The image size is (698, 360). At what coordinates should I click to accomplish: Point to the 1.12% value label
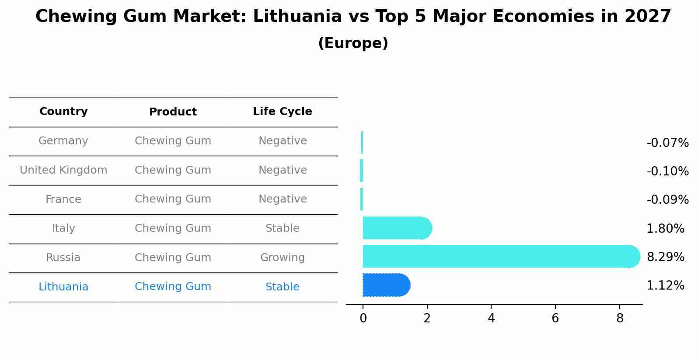(x=665, y=286)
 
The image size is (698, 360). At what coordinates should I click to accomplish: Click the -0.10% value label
(x=667, y=171)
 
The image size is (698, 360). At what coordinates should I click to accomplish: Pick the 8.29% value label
(x=665, y=257)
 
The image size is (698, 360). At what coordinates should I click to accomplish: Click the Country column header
(x=63, y=112)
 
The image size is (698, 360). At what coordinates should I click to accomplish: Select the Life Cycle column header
(x=282, y=112)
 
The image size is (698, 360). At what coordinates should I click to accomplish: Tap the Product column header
(x=173, y=112)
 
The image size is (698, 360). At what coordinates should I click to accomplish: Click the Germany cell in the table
(x=63, y=141)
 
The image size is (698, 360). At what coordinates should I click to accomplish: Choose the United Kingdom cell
(x=63, y=170)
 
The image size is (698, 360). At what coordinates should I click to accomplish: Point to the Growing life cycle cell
(x=282, y=258)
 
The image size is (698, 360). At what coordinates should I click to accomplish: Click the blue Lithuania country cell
(x=63, y=287)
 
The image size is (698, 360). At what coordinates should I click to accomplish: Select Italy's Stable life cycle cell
(x=282, y=228)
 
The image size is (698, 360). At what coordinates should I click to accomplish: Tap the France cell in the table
(x=63, y=199)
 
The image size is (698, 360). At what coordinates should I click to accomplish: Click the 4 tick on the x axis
(x=491, y=318)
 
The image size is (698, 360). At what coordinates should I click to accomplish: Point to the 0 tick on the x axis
(x=363, y=318)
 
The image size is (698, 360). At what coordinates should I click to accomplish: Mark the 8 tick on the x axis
(x=619, y=318)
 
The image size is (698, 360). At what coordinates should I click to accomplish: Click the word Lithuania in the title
(x=297, y=17)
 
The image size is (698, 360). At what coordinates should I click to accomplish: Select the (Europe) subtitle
(x=353, y=43)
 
